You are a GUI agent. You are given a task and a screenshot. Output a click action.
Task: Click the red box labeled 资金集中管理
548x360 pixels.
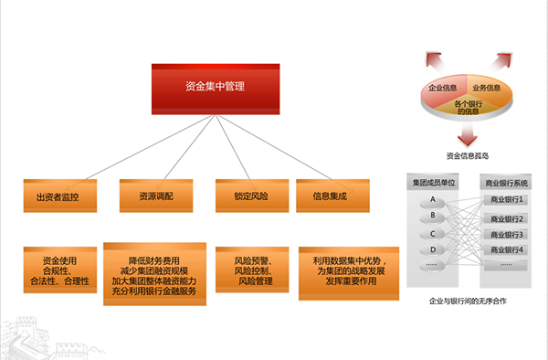pyautogui.click(x=215, y=88)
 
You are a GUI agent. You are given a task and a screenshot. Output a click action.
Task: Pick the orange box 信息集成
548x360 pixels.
pyautogui.click(x=333, y=196)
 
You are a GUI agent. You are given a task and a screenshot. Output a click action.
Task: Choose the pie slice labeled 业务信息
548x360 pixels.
pyautogui.click(x=485, y=88)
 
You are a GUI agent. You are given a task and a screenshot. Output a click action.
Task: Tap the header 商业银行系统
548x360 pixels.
pyautogui.click(x=509, y=184)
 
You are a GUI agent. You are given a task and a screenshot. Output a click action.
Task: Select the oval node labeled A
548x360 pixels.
pyautogui.click(x=432, y=199)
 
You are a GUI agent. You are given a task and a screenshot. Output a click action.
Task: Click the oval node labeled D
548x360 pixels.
pyautogui.click(x=432, y=249)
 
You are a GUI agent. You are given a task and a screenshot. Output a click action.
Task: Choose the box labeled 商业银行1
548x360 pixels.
pyautogui.click(x=508, y=200)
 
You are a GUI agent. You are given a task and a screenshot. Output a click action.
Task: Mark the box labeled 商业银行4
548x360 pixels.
pyautogui.click(x=508, y=249)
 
